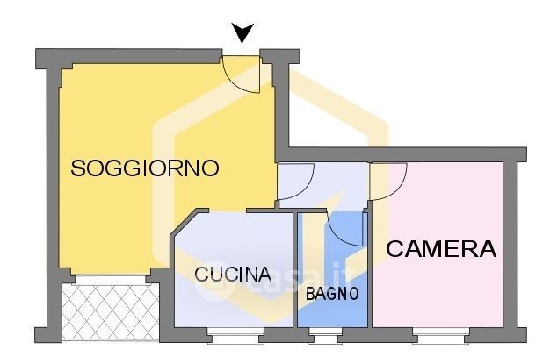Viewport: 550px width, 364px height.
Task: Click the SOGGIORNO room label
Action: [x=144, y=168]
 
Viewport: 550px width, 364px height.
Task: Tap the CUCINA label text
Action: [x=233, y=274]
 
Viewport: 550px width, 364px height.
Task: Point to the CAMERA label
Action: [x=441, y=249]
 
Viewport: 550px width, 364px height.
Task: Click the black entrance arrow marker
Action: [x=243, y=34]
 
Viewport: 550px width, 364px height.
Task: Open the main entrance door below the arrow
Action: [x=241, y=74]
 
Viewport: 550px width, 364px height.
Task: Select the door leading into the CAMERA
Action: [x=386, y=179]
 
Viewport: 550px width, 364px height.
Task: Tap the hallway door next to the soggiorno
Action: [x=295, y=182]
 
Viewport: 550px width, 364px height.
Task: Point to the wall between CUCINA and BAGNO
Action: [x=295, y=272]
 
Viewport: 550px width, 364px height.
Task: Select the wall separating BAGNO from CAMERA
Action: [x=369, y=272]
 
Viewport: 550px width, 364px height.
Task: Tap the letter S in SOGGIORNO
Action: [x=78, y=168]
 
